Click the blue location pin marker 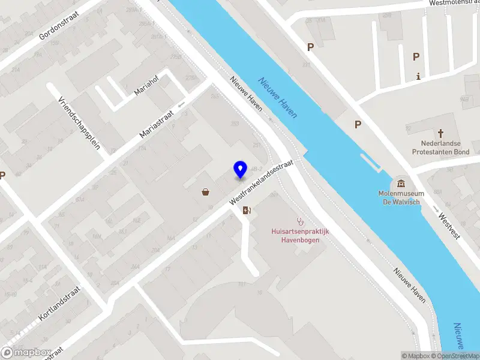[240, 169]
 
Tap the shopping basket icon [206, 192]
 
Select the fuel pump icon [246, 210]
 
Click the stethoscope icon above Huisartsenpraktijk [299, 221]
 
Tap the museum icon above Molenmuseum [401, 183]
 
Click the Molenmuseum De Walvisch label [401, 197]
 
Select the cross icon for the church [440, 133]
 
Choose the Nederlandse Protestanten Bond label [440, 148]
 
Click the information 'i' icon [418, 76]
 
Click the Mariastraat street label [157, 122]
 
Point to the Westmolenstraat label [454, 3]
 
